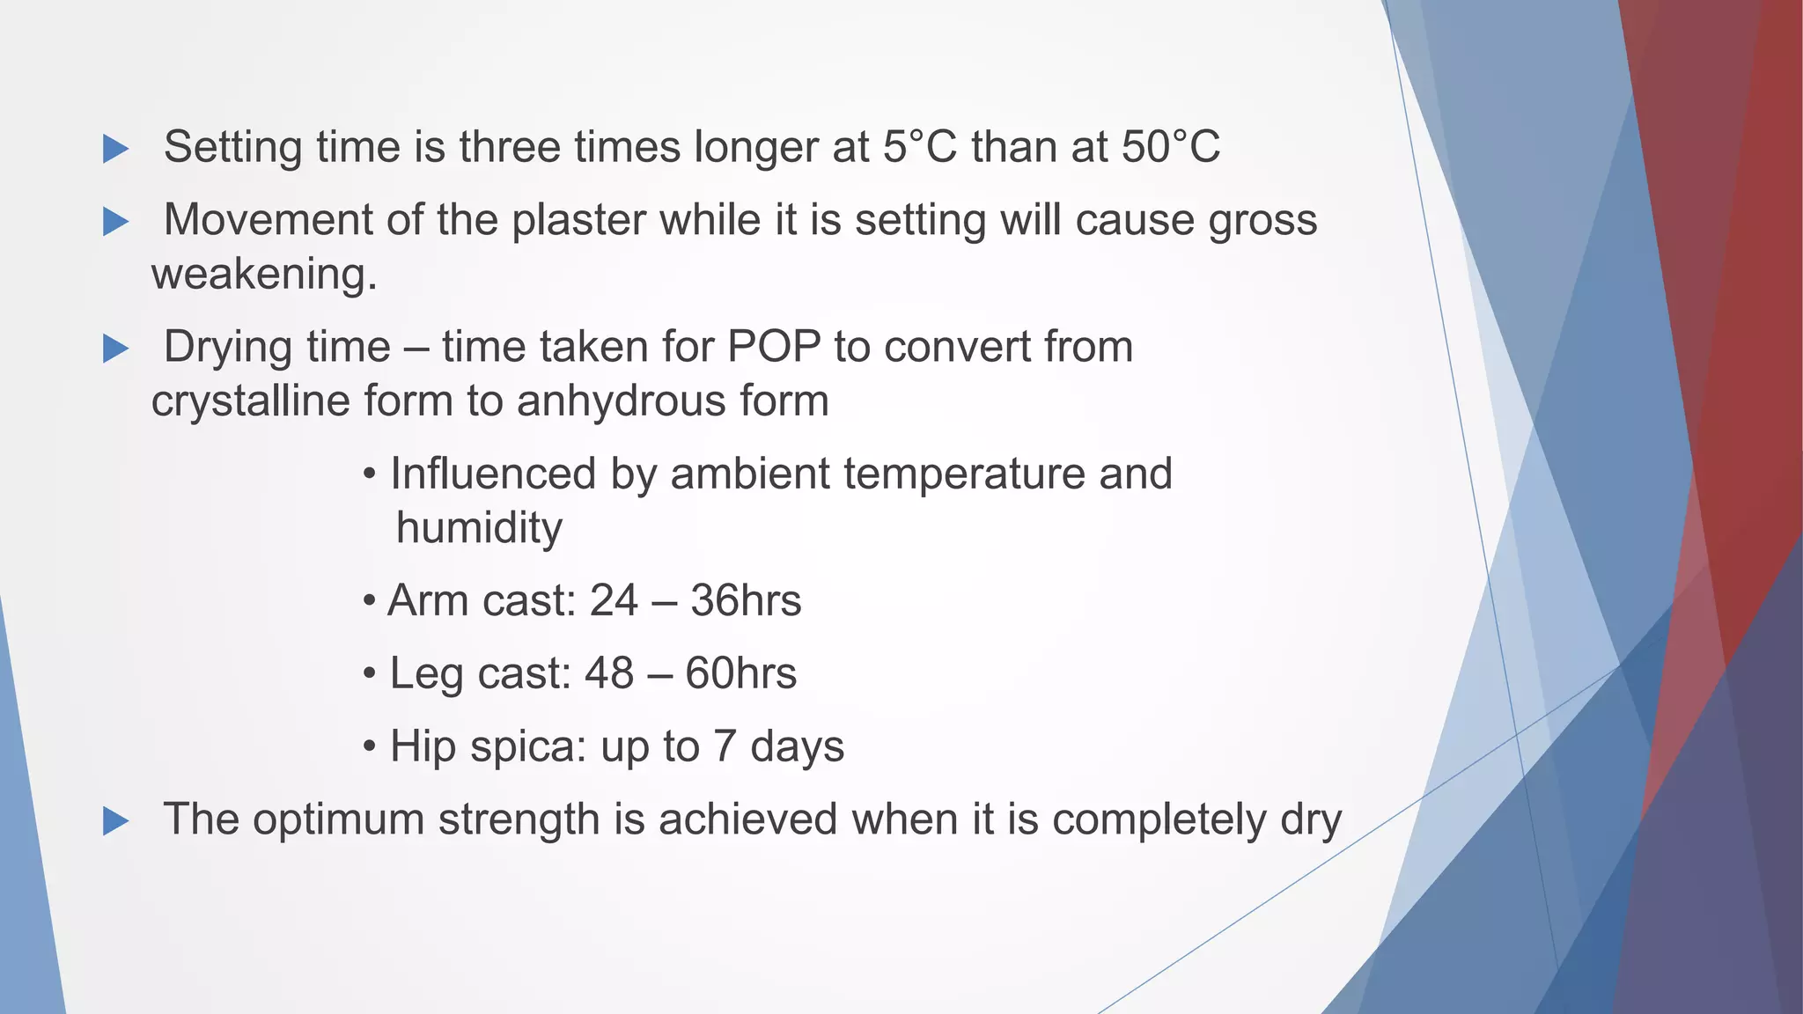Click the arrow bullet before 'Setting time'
(x=115, y=149)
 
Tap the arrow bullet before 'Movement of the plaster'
(x=115, y=222)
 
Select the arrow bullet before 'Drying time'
(x=115, y=349)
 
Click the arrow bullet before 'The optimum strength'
(x=115, y=821)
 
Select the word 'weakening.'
(x=264, y=275)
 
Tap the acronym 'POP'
(x=774, y=346)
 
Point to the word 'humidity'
(x=479, y=528)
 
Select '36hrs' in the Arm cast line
(x=746, y=601)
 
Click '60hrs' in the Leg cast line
(x=740, y=674)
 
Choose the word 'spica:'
(x=527, y=748)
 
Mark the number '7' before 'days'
(x=724, y=746)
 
